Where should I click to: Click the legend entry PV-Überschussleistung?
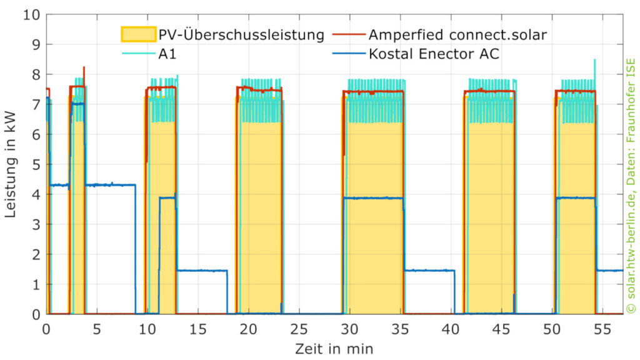(x=241, y=34)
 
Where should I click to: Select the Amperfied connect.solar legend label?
(x=457, y=34)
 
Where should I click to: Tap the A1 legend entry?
(x=167, y=54)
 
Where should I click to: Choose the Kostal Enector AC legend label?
(x=434, y=54)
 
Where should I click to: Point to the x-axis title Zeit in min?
(x=335, y=346)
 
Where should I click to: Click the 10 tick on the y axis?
(x=32, y=14)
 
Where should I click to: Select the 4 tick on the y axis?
(x=36, y=194)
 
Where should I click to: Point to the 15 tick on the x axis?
(x=198, y=328)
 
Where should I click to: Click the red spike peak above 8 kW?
(x=84, y=67)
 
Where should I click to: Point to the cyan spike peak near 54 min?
(x=594, y=60)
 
